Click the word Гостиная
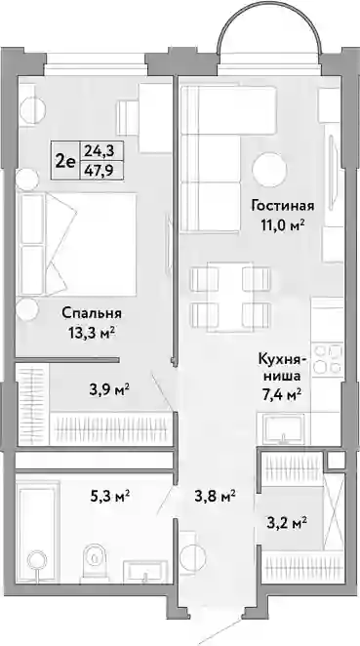coord(283,206)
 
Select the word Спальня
coord(92,313)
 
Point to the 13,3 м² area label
coord(92,333)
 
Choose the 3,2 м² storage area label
coord(286,524)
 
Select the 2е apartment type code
coord(65,161)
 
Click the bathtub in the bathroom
coord(37,532)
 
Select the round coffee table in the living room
coord(270,170)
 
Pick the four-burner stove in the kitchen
coord(328,359)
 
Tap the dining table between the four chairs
coord(230,297)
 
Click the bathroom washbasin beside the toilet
coord(145,571)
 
